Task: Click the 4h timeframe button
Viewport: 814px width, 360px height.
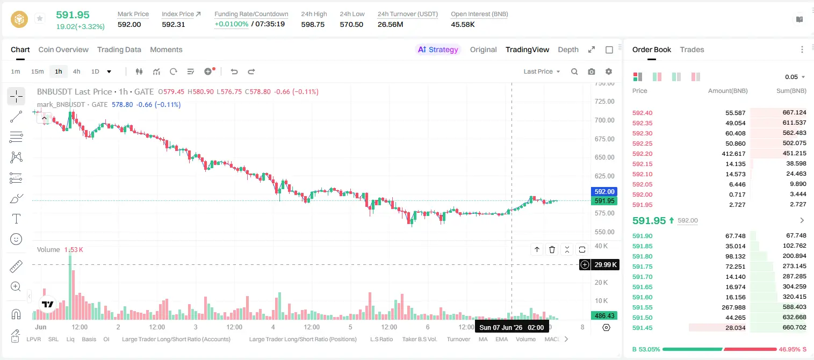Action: (x=76, y=71)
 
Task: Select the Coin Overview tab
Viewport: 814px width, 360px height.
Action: (x=63, y=49)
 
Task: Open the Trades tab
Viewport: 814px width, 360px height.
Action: (x=692, y=49)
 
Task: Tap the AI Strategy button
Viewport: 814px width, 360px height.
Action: (x=438, y=49)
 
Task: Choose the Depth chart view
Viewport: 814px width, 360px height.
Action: (x=568, y=49)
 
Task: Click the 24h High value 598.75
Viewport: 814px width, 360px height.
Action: (x=313, y=24)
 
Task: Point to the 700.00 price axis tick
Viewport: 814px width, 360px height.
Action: (x=604, y=120)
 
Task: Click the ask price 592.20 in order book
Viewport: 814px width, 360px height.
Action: (x=642, y=154)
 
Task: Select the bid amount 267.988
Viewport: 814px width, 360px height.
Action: (x=733, y=307)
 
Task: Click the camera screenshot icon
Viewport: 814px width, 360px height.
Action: (x=591, y=71)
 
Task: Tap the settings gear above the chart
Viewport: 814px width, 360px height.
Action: (x=609, y=71)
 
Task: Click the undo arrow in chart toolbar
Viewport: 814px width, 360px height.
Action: (x=234, y=71)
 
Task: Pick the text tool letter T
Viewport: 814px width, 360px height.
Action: (x=16, y=219)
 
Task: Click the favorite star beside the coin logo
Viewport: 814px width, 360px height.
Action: (x=40, y=18)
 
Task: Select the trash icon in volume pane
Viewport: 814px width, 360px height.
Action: (x=552, y=249)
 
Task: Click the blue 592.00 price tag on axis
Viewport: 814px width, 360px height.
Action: (x=604, y=191)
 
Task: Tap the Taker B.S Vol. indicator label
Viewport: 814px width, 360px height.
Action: (x=419, y=339)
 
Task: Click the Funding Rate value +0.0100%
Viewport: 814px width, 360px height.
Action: (x=231, y=24)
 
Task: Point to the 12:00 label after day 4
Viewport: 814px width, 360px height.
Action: (x=312, y=327)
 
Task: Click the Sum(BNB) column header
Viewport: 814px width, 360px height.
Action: (x=791, y=91)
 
